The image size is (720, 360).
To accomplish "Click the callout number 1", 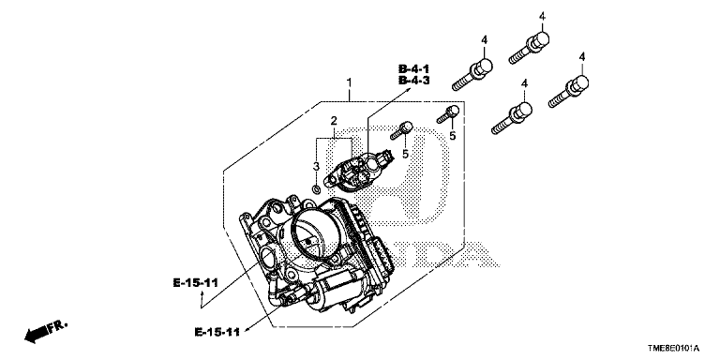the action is (349, 83).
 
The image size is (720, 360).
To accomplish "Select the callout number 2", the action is (334, 121).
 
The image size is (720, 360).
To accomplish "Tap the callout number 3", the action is (316, 166).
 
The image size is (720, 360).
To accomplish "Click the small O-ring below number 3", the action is (316, 188).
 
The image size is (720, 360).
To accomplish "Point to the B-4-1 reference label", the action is (413, 69).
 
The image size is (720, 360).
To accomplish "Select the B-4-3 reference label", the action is (413, 81).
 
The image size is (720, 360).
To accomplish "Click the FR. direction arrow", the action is (45, 332).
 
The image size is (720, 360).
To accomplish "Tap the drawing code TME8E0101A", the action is (673, 349).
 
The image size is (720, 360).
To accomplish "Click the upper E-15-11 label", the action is (195, 283).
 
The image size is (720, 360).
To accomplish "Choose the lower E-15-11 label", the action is (217, 332).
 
